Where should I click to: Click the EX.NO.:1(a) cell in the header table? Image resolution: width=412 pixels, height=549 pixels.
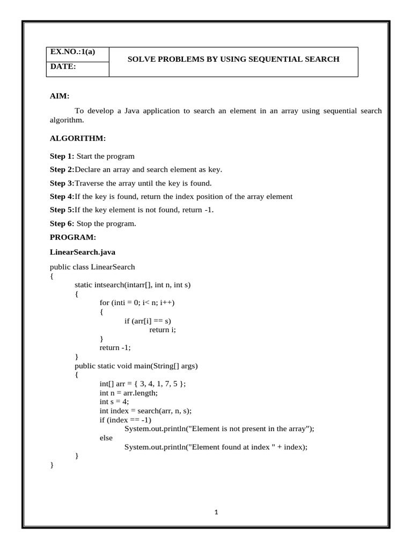pos(72,52)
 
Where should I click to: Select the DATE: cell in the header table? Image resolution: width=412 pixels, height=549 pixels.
pos(63,66)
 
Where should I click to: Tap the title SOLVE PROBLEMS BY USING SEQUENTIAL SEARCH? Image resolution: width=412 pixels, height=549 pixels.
pos(233,59)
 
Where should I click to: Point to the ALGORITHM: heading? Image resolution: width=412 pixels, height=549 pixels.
pos(78,138)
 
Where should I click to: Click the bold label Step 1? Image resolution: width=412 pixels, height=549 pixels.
pos(62,156)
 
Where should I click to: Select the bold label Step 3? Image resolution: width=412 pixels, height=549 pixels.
pos(62,183)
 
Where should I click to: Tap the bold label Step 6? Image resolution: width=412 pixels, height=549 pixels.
pos(62,223)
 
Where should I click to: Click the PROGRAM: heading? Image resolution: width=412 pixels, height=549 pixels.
pos(73,236)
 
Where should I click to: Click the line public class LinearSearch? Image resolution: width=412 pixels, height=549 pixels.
pos(92,266)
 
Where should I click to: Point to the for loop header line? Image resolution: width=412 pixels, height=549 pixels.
pos(137,302)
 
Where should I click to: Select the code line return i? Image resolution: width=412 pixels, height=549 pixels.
pos(163,330)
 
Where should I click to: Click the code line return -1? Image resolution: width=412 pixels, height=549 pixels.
pos(115,347)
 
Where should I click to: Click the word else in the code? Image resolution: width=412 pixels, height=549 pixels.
pos(106,437)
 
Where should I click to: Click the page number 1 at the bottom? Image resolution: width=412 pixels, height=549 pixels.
pos(216,512)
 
